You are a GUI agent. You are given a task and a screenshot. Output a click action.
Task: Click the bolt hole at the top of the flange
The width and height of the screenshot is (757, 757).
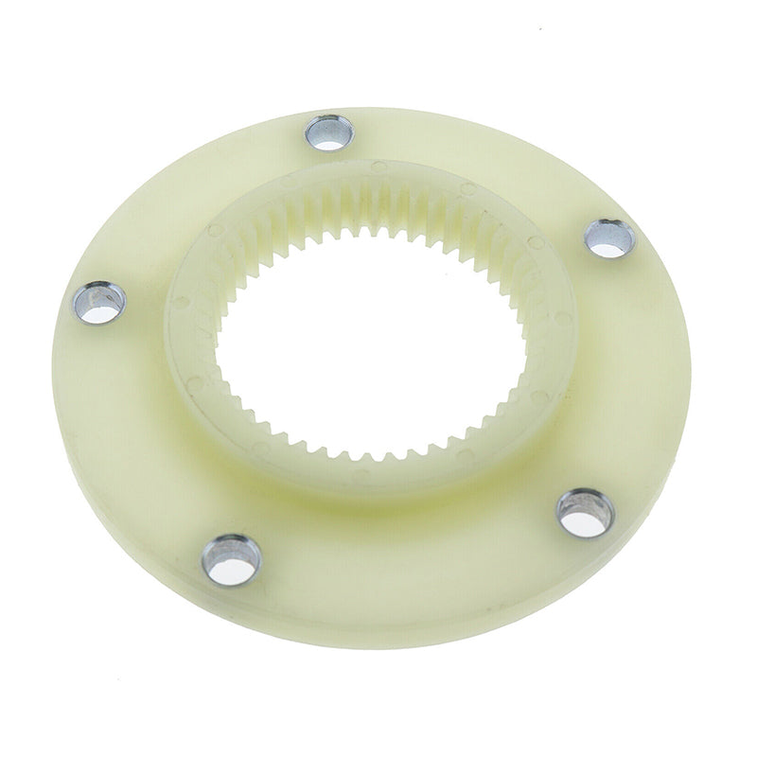pyautogui.click(x=328, y=132)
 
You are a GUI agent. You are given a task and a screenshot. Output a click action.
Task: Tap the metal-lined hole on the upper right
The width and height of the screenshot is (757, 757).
pyautogui.click(x=608, y=238)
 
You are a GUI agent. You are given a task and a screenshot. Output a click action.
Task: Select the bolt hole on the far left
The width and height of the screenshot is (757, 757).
pyautogui.click(x=100, y=303)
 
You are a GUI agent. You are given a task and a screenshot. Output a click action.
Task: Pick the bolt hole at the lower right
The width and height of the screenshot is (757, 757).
pyautogui.click(x=585, y=512)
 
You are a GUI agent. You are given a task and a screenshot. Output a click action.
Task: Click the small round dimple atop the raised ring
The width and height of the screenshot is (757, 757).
pyautogui.click(x=378, y=167)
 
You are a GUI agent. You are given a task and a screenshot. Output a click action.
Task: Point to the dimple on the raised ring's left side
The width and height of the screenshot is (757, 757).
pyautogui.click(x=192, y=383)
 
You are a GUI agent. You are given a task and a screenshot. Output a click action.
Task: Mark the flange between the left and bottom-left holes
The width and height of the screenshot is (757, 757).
pyautogui.click(x=132, y=435)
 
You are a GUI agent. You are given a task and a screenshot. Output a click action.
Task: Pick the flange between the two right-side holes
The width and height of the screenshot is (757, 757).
pyautogui.click(x=629, y=378)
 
